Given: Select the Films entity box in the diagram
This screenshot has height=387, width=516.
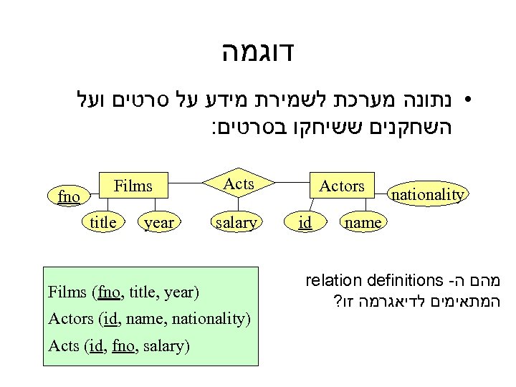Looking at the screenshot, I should (x=134, y=186).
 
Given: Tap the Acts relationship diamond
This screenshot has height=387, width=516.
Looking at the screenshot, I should (x=239, y=184).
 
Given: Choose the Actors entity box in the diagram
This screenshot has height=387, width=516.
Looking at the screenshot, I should (x=342, y=186).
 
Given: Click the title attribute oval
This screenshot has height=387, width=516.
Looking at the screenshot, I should (x=103, y=223).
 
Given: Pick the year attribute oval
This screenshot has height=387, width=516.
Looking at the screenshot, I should (x=159, y=223).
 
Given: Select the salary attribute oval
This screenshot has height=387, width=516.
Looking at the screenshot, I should (x=236, y=223).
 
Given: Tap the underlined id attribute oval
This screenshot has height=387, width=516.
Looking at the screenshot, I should (x=305, y=223).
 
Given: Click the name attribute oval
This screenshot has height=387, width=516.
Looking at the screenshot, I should (x=363, y=223).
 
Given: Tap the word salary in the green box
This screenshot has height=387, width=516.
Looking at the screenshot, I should (x=166, y=347).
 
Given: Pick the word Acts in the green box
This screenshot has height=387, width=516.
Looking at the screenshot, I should (x=63, y=347).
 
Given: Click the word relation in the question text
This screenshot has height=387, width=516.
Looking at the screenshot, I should (x=328, y=280).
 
